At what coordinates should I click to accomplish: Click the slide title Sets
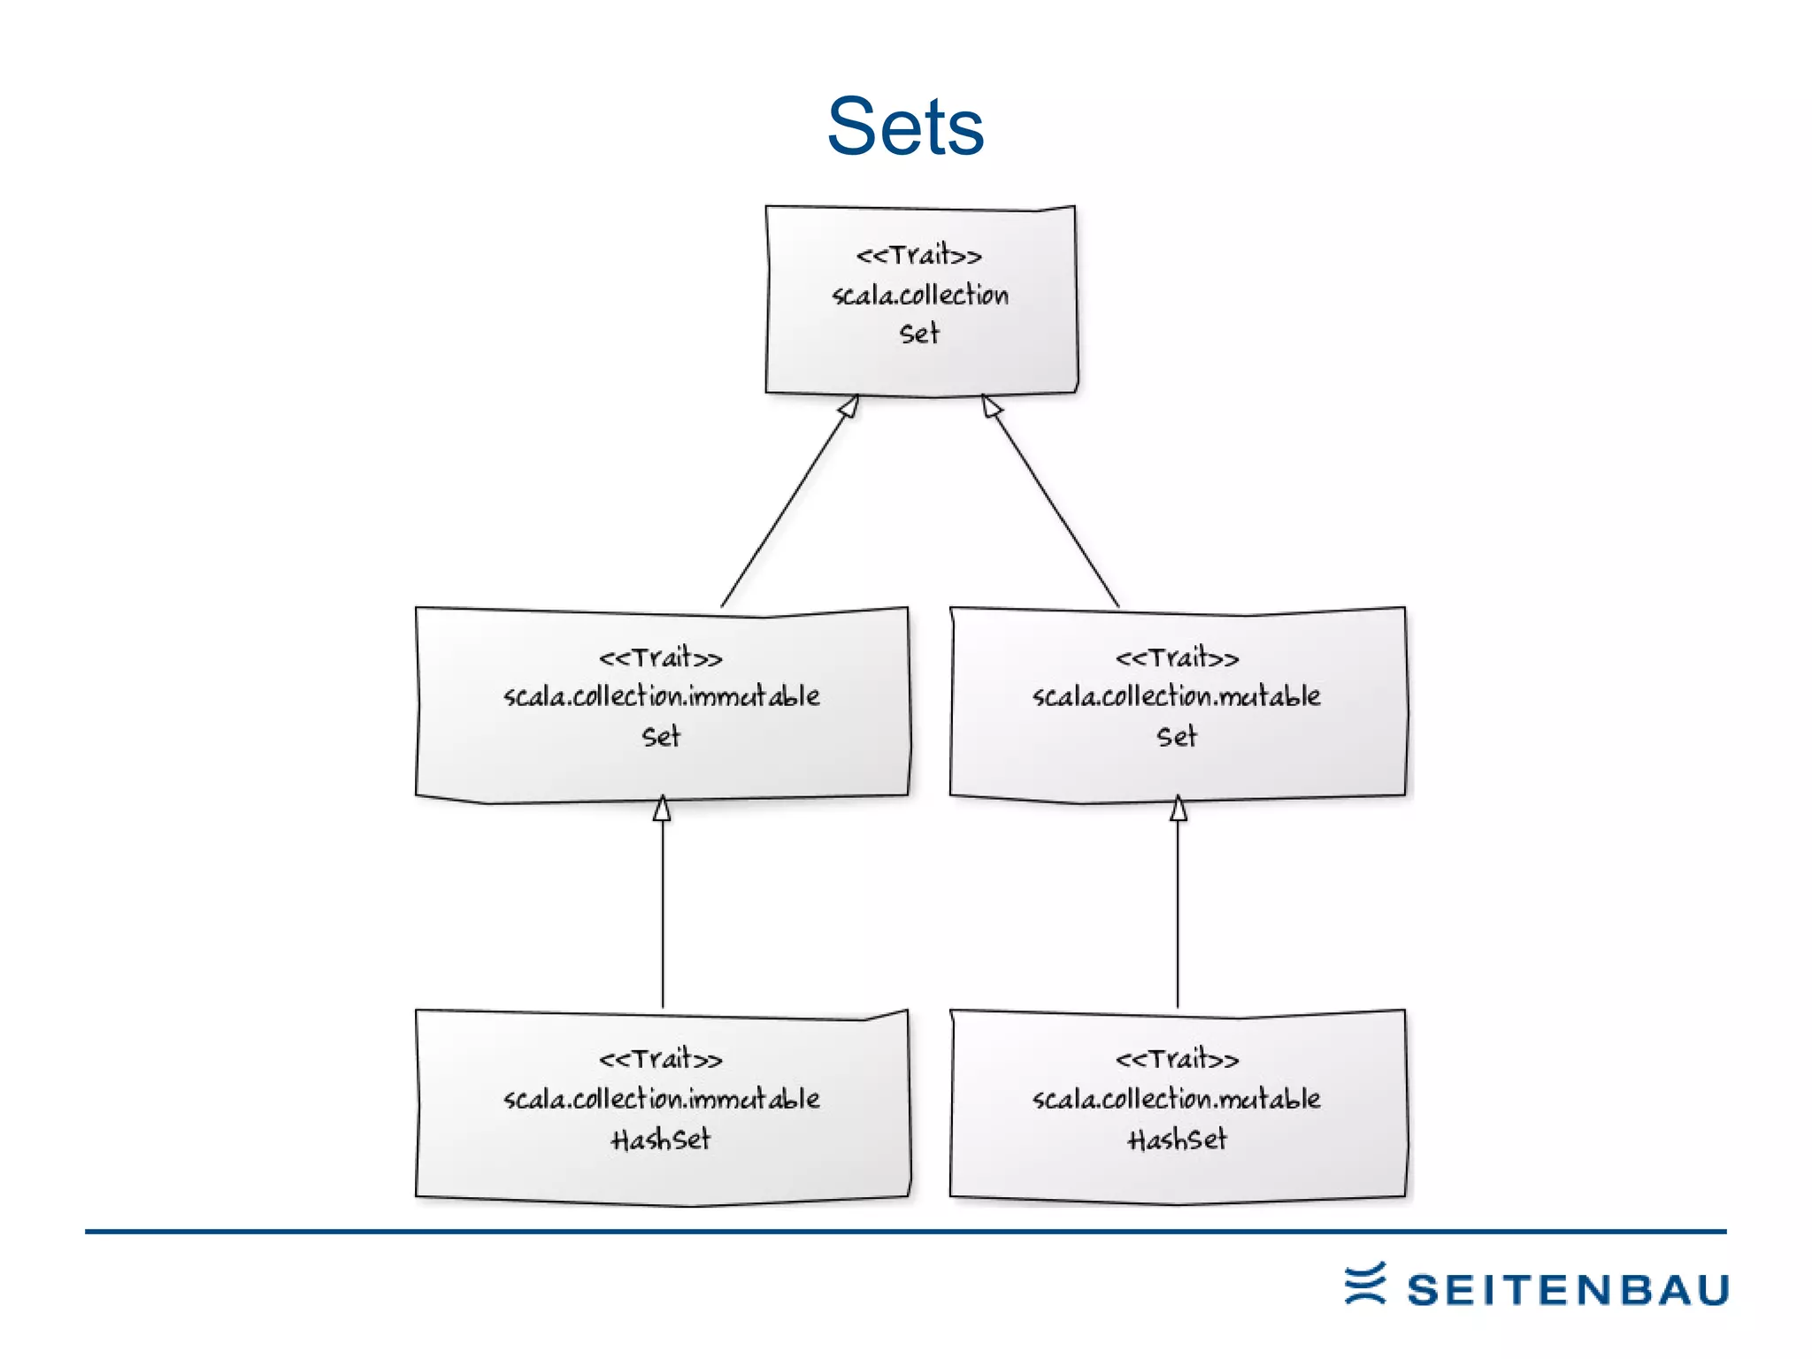click(905, 127)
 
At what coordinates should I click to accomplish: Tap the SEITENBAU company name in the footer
click(1568, 1290)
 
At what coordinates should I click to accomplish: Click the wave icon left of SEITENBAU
click(1365, 1284)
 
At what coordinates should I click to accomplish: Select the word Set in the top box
click(919, 334)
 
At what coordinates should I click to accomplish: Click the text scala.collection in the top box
click(920, 295)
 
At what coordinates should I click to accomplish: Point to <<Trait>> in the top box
click(918, 256)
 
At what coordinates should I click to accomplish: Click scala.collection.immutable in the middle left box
click(662, 696)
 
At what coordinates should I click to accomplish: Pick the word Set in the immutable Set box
click(661, 736)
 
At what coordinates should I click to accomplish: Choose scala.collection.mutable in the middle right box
click(1177, 696)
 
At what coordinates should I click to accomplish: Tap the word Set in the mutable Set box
click(1177, 736)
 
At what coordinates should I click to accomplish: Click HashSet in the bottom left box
click(661, 1140)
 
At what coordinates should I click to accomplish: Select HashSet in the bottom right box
click(1178, 1140)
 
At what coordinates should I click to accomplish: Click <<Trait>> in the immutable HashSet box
click(661, 1059)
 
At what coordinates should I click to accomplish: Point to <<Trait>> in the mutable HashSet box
click(1178, 1059)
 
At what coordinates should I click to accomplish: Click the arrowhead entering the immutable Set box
click(662, 809)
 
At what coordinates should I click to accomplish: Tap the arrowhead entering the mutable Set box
click(1179, 809)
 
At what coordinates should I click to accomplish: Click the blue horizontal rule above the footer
click(905, 1231)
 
